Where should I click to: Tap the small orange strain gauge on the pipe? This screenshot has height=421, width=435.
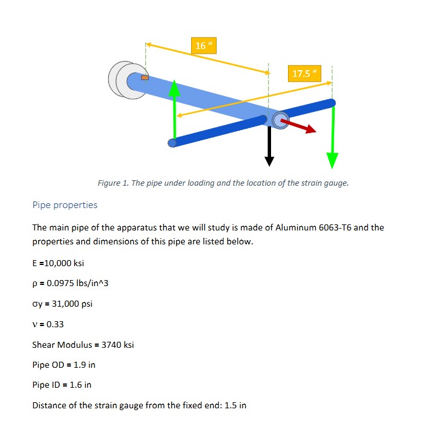(145, 77)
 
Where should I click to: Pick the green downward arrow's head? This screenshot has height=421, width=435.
(332, 160)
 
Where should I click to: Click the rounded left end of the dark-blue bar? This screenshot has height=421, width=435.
(173, 143)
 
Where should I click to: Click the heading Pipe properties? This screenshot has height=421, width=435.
(65, 205)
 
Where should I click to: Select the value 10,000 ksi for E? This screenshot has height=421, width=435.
(64, 264)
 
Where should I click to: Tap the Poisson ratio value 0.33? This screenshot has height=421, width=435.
(54, 324)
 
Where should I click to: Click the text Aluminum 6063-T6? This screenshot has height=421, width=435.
(309, 228)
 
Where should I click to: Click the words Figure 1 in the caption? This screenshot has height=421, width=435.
(112, 183)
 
